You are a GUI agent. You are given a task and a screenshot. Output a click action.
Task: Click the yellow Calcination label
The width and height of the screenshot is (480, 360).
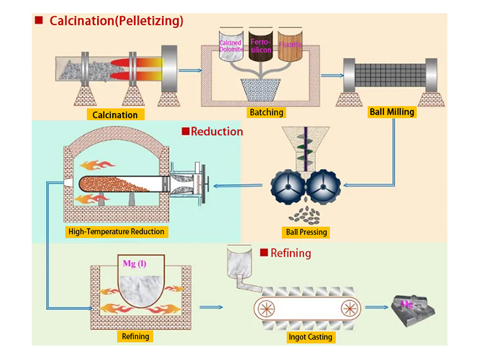tap(116, 114)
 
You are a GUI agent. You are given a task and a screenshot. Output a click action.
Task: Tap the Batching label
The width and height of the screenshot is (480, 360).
tap(266, 112)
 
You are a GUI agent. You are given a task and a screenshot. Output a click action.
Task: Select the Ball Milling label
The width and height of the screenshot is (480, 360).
tap(392, 112)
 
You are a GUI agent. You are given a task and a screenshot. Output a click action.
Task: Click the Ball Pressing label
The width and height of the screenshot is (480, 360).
tap(308, 232)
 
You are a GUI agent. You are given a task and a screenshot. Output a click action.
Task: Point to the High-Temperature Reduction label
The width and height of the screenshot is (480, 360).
tap(116, 231)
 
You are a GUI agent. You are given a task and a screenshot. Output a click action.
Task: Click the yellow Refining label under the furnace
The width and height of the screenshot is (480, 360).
tap(136, 336)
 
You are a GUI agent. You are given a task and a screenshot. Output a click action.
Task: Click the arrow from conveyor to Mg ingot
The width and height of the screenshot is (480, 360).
tap(375, 307)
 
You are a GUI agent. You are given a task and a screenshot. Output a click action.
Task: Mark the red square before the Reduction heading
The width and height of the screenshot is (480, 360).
tap(185, 131)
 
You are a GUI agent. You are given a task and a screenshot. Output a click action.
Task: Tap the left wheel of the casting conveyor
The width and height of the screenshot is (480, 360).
tap(265, 308)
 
